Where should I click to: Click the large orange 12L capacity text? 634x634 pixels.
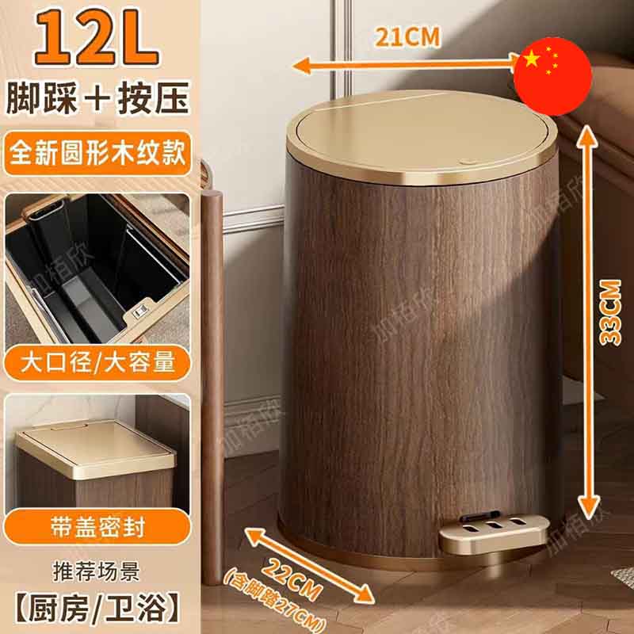click(x=97, y=37)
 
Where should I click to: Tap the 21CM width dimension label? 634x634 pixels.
click(x=407, y=37)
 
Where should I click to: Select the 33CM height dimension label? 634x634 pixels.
click(x=609, y=312)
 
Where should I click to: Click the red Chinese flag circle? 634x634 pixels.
click(x=552, y=76)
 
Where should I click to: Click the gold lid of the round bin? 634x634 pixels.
click(x=422, y=137)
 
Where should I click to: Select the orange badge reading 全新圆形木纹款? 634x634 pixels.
click(x=97, y=153)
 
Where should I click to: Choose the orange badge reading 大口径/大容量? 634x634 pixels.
click(x=97, y=362)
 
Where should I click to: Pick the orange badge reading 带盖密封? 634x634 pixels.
click(x=97, y=527)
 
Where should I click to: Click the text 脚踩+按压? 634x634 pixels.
click(x=97, y=97)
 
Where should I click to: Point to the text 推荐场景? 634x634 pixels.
click(x=96, y=571)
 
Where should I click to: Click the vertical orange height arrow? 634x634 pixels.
click(x=588, y=322)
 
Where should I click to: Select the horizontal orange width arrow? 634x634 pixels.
click(x=407, y=65)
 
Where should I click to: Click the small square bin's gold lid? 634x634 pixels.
click(x=95, y=448)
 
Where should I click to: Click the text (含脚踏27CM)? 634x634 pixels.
click(x=275, y=601)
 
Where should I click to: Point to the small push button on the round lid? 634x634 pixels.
click(x=467, y=162)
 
